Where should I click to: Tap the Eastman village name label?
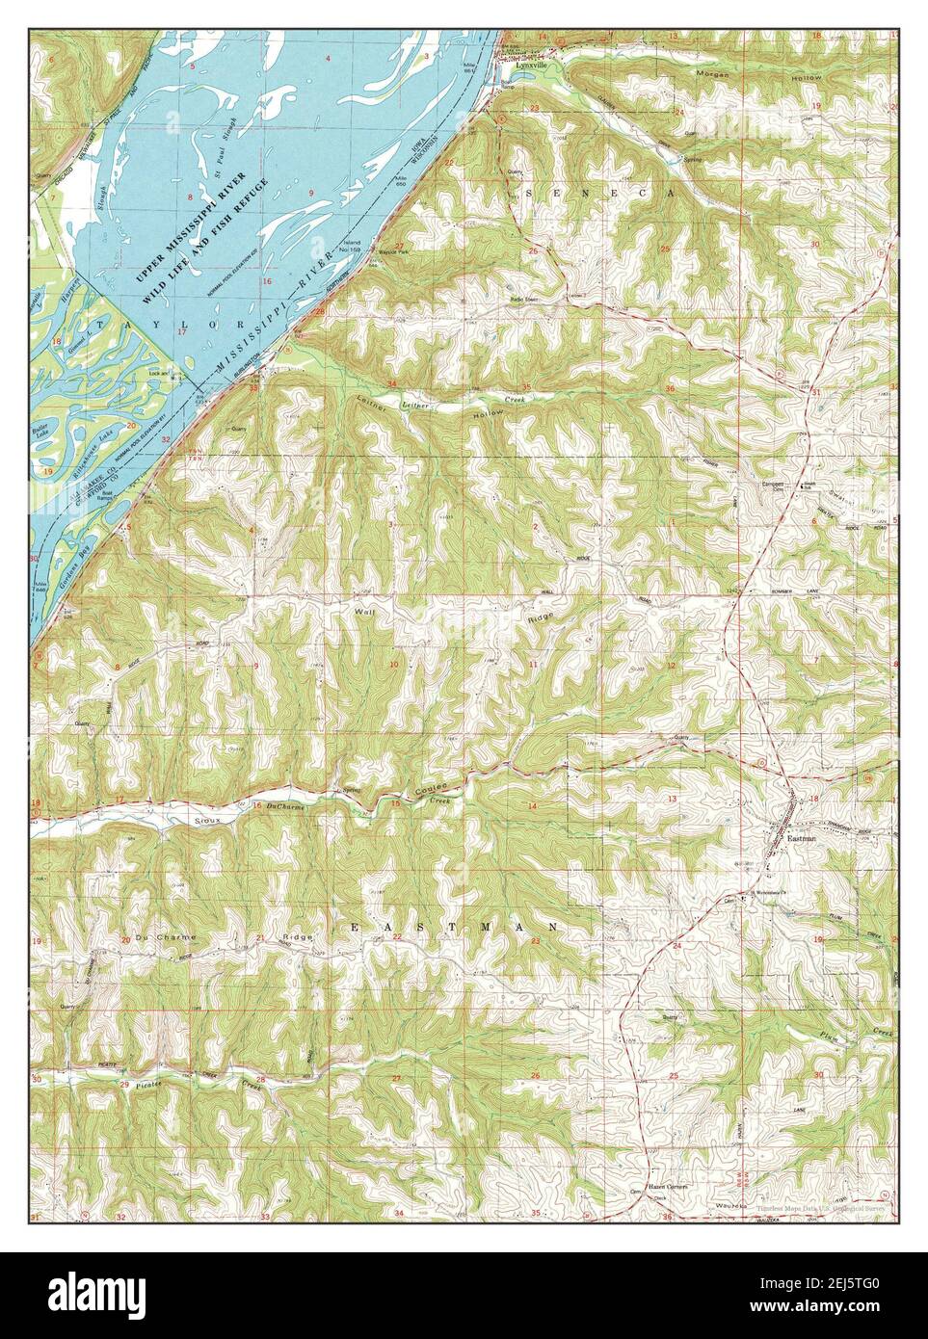(802, 838)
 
